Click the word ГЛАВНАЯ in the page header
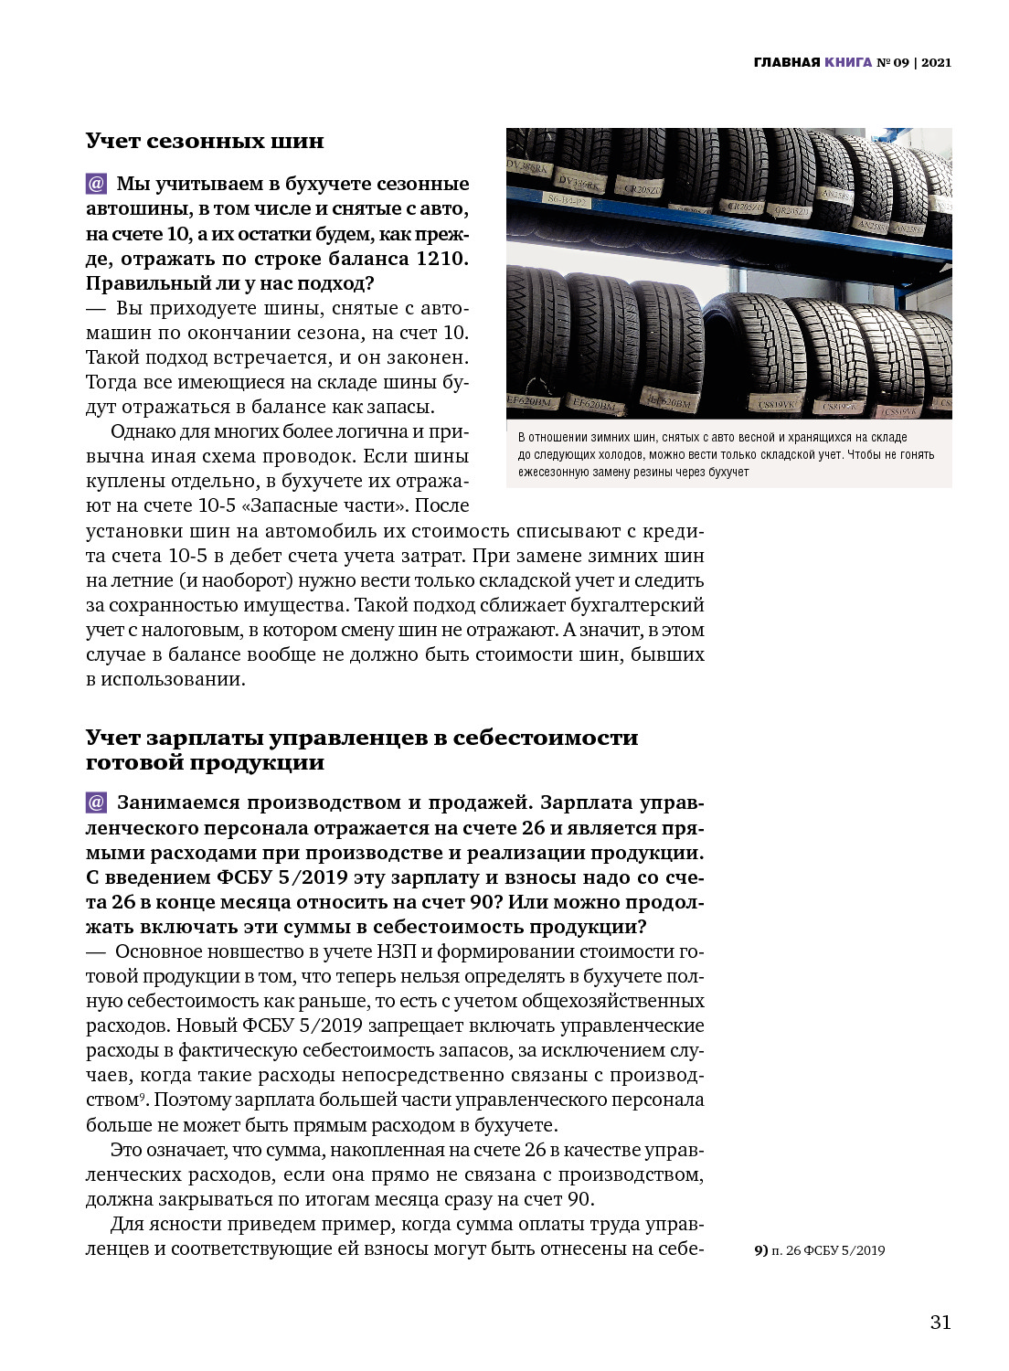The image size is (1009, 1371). tap(786, 62)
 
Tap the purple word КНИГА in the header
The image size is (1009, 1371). tap(847, 62)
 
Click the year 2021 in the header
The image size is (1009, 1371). tap(936, 62)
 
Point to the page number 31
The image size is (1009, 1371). tap(940, 1323)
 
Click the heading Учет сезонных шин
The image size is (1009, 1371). tap(205, 141)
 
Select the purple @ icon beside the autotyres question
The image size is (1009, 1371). tap(96, 184)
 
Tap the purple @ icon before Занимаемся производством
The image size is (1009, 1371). tap(96, 802)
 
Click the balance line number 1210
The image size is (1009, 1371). tap(441, 259)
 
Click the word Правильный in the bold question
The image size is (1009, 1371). tap(143, 283)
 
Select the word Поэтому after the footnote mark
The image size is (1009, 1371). tap(192, 1100)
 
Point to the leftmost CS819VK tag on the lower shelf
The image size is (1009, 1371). tap(775, 402)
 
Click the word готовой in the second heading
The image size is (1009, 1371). tap(128, 762)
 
